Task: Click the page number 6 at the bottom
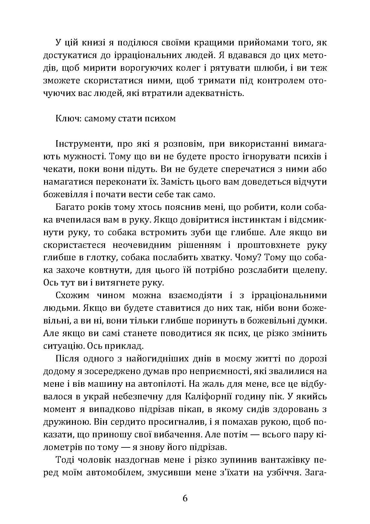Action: pyautogui.click(x=185, y=498)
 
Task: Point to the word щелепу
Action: pyautogui.click(x=308, y=270)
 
